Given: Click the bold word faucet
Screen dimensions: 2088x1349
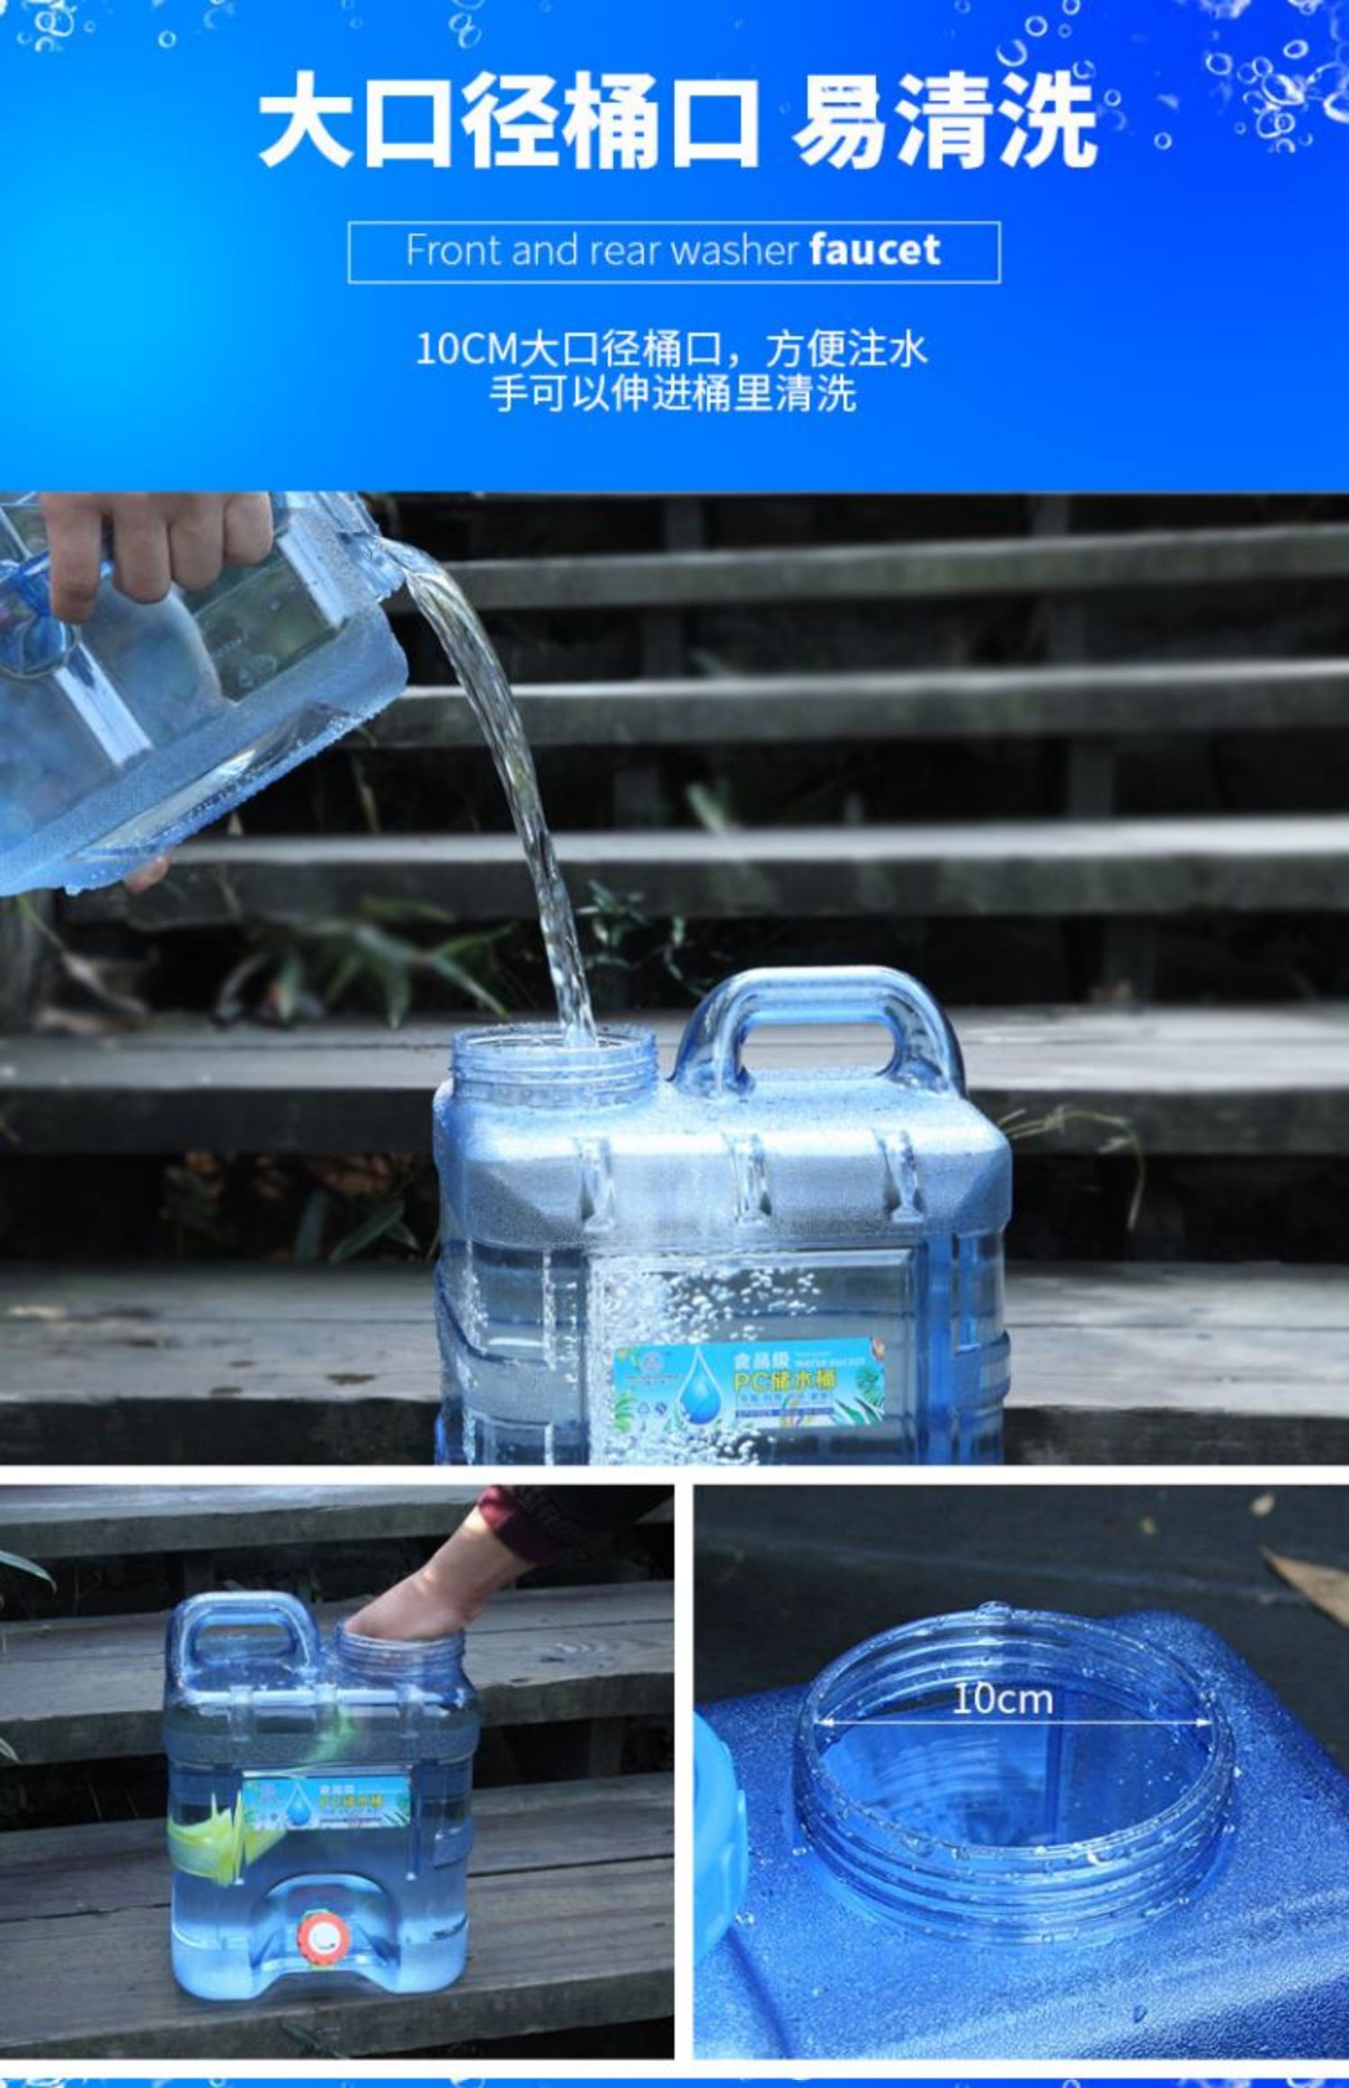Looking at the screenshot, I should [874, 249].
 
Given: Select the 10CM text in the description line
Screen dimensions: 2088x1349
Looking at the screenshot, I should [466, 349].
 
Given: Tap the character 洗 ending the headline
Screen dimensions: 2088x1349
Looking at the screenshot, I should [1043, 121].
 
